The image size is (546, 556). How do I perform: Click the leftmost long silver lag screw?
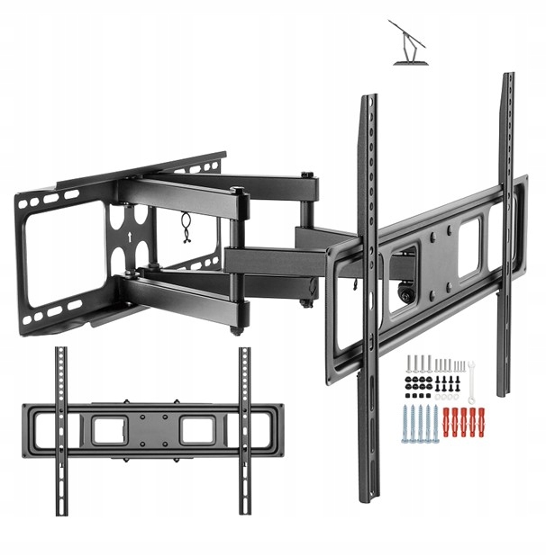coord(406,423)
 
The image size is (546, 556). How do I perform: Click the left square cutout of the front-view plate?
coord(110,430)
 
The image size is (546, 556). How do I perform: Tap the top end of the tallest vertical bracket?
coord(507,81)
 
